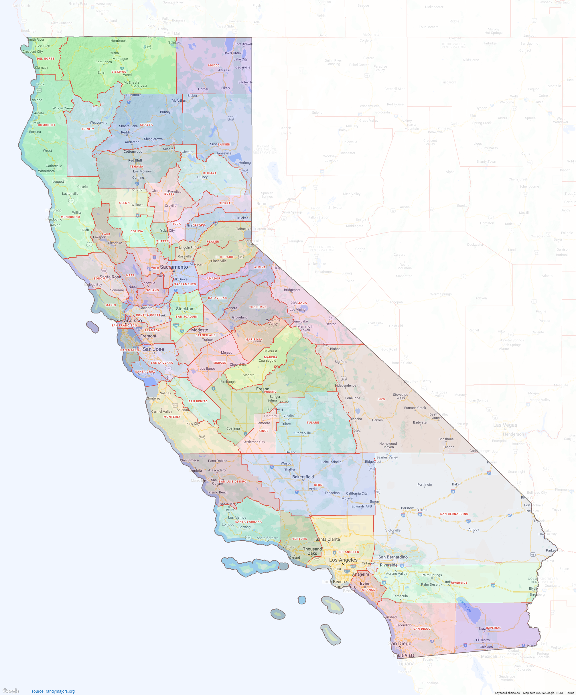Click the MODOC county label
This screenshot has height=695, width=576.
[x=214, y=66]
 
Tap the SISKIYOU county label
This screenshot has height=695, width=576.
[x=119, y=72]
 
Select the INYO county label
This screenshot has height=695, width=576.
[x=381, y=399]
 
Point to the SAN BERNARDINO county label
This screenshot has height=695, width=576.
[x=454, y=514]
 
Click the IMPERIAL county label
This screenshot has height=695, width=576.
[x=494, y=628]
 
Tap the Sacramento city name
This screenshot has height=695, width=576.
[x=174, y=267]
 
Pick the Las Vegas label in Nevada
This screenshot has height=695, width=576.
[x=505, y=425]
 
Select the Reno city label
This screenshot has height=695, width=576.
[x=261, y=204]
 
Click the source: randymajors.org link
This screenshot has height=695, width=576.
[x=53, y=691]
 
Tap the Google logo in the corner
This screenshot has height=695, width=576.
[x=11, y=691]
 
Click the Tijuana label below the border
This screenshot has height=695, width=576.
[x=406, y=664]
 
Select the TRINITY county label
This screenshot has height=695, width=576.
[x=88, y=129]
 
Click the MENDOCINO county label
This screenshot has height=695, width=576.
[x=70, y=217]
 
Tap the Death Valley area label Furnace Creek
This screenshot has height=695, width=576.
[x=415, y=408]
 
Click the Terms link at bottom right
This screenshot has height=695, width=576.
[x=570, y=693]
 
